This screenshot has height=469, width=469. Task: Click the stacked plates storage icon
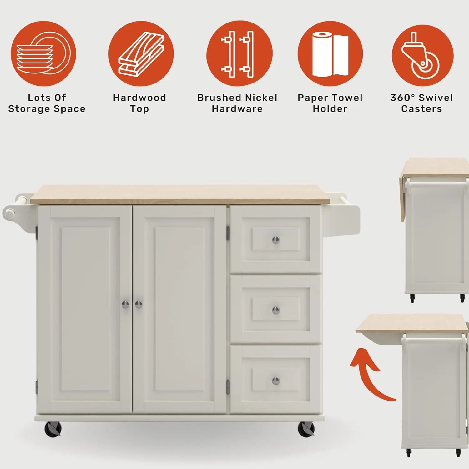click(43, 53)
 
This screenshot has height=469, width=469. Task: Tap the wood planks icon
click(141, 54)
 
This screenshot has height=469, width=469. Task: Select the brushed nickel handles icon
click(239, 54)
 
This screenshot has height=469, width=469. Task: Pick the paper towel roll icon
click(330, 54)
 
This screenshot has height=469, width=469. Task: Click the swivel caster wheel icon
click(422, 56)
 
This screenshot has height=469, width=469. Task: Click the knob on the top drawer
click(276, 240)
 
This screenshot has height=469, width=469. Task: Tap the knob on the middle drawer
click(276, 310)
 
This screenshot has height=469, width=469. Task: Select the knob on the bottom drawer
click(276, 381)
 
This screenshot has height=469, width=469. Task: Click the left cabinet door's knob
click(125, 304)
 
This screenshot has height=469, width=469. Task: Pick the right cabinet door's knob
click(139, 304)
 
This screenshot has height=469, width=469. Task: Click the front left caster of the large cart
click(53, 429)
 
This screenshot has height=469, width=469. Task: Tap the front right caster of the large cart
click(306, 429)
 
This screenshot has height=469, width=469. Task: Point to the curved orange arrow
click(369, 375)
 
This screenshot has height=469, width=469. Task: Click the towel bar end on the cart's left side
click(9, 214)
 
